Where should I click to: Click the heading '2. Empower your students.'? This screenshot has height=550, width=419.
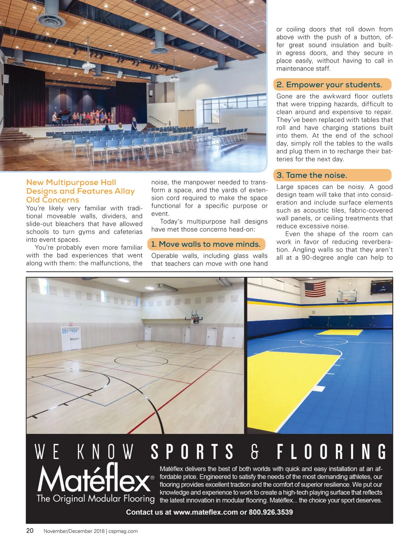pyautogui.click(x=329, y=85)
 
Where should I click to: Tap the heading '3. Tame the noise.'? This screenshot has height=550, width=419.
pyautogui.click(x=312, y=175)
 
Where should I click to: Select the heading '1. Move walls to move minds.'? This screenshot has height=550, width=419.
pyautogui.click(x=206, y=244)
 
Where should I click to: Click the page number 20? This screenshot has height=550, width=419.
pyautogui.click(x=30, y=531)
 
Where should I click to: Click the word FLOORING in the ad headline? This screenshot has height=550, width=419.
pyautogui.click(x=332, y=452)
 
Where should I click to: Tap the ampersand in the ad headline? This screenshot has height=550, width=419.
pyautogui.click(x=255, y=452)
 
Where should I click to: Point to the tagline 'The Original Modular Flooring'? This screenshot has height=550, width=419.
pyautogui.click(x=95, y=499)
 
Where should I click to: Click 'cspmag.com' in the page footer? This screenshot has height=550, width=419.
pyautogui.click(x=123, y=531)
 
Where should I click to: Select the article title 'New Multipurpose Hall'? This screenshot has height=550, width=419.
pyautogui.click(x=71, y=183)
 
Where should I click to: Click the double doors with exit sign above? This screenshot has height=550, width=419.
pyautogui.click(x=71, y=338)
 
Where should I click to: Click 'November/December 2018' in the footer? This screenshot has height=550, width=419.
pyautogui.click(x=74, y=531)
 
